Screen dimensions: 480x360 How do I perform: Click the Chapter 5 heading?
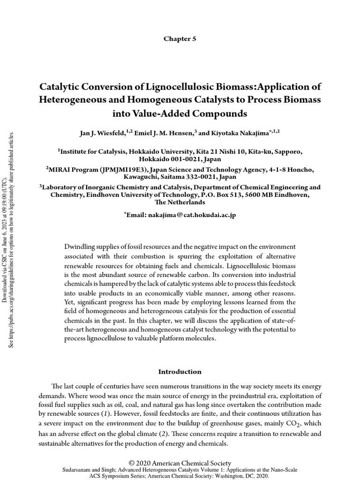pyautogui.click(x=180, y=39)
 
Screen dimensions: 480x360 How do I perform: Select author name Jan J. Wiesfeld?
pyautogui.click(x=103, y=134)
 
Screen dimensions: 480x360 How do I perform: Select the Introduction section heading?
pyautogui.click(x=180, y=372)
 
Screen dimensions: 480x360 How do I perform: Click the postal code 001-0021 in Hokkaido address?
pyautogui.click(x=183, y=159)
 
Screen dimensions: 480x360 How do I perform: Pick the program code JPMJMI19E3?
pyautogui.click(x=107, y=170)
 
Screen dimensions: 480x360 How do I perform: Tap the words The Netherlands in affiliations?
pyautogui.click(x=180, y=202)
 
